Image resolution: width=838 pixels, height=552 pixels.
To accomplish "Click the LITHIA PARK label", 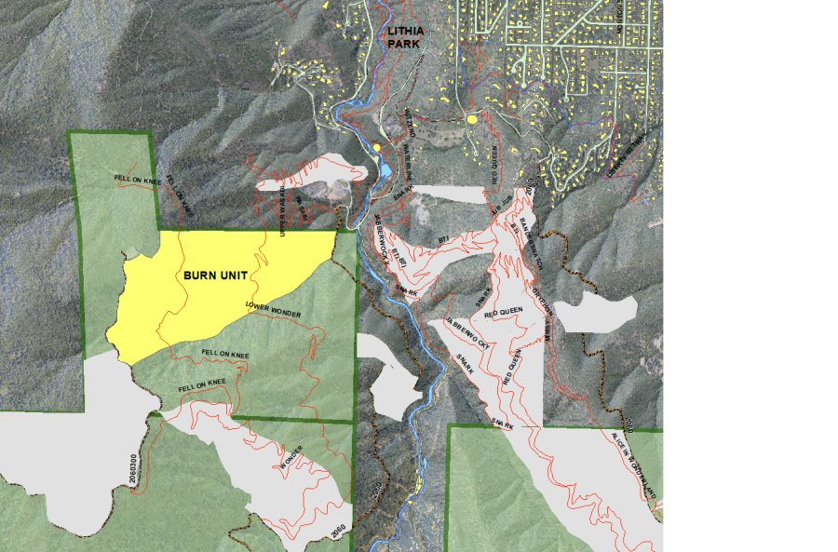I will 405,37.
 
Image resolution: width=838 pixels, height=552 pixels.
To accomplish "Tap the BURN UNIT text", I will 214,276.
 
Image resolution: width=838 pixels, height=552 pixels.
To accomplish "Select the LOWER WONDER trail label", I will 273,310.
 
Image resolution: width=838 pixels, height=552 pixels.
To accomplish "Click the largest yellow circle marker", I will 473,119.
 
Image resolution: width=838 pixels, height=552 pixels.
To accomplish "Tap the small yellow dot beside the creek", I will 376,147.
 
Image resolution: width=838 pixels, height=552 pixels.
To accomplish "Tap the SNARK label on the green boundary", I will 503,424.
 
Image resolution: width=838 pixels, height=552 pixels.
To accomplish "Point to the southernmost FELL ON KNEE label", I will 203,384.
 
